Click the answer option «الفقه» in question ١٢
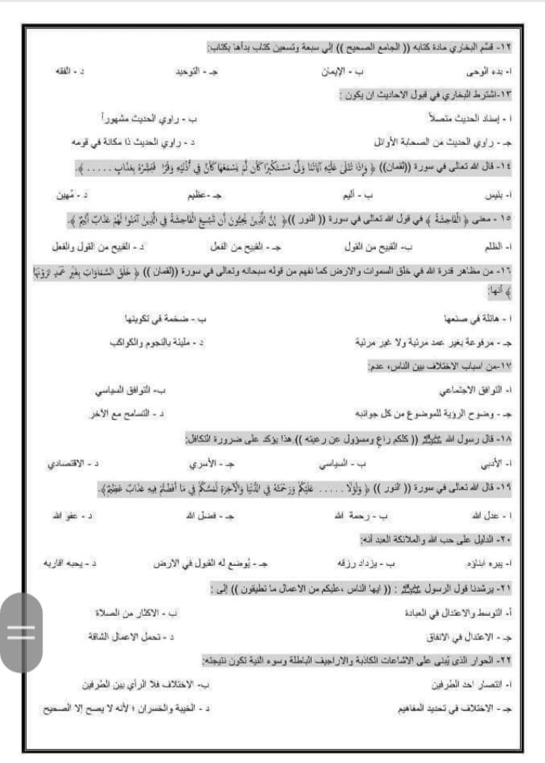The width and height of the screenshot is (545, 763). (68, 71)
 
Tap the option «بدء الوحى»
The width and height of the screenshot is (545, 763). (485, 71)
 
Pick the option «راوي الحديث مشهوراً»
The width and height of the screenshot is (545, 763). (144, 118)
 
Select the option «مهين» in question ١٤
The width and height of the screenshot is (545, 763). (70, 195)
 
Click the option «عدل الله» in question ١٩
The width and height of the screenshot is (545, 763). (491, 515)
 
